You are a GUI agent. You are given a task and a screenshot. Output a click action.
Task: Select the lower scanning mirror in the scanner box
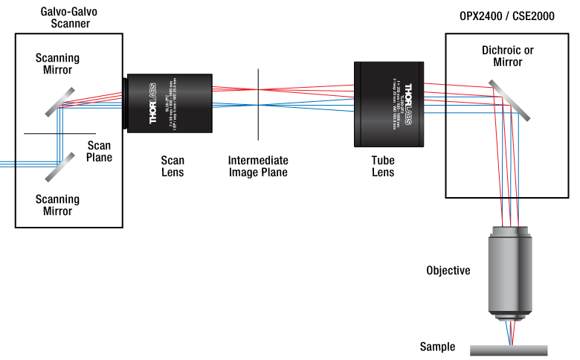pos(59,167)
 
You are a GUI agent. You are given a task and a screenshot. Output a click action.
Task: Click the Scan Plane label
pos(100,151)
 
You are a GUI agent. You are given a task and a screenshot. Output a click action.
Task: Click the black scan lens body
pos(170,103)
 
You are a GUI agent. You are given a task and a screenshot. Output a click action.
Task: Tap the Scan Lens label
pos(173,166)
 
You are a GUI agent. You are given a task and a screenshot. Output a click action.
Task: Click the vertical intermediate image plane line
pos(258,104)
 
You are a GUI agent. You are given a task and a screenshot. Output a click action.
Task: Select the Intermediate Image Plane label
pos(258,166)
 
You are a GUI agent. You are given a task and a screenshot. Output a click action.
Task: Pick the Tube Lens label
pos(383,166)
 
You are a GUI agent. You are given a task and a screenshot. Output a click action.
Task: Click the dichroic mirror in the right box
pos(514,100)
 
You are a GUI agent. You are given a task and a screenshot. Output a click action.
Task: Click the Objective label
pos(448,270)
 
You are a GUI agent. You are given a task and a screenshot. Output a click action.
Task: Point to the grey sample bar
pos(509,348)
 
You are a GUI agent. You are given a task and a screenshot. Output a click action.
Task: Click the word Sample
pos(437,347)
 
